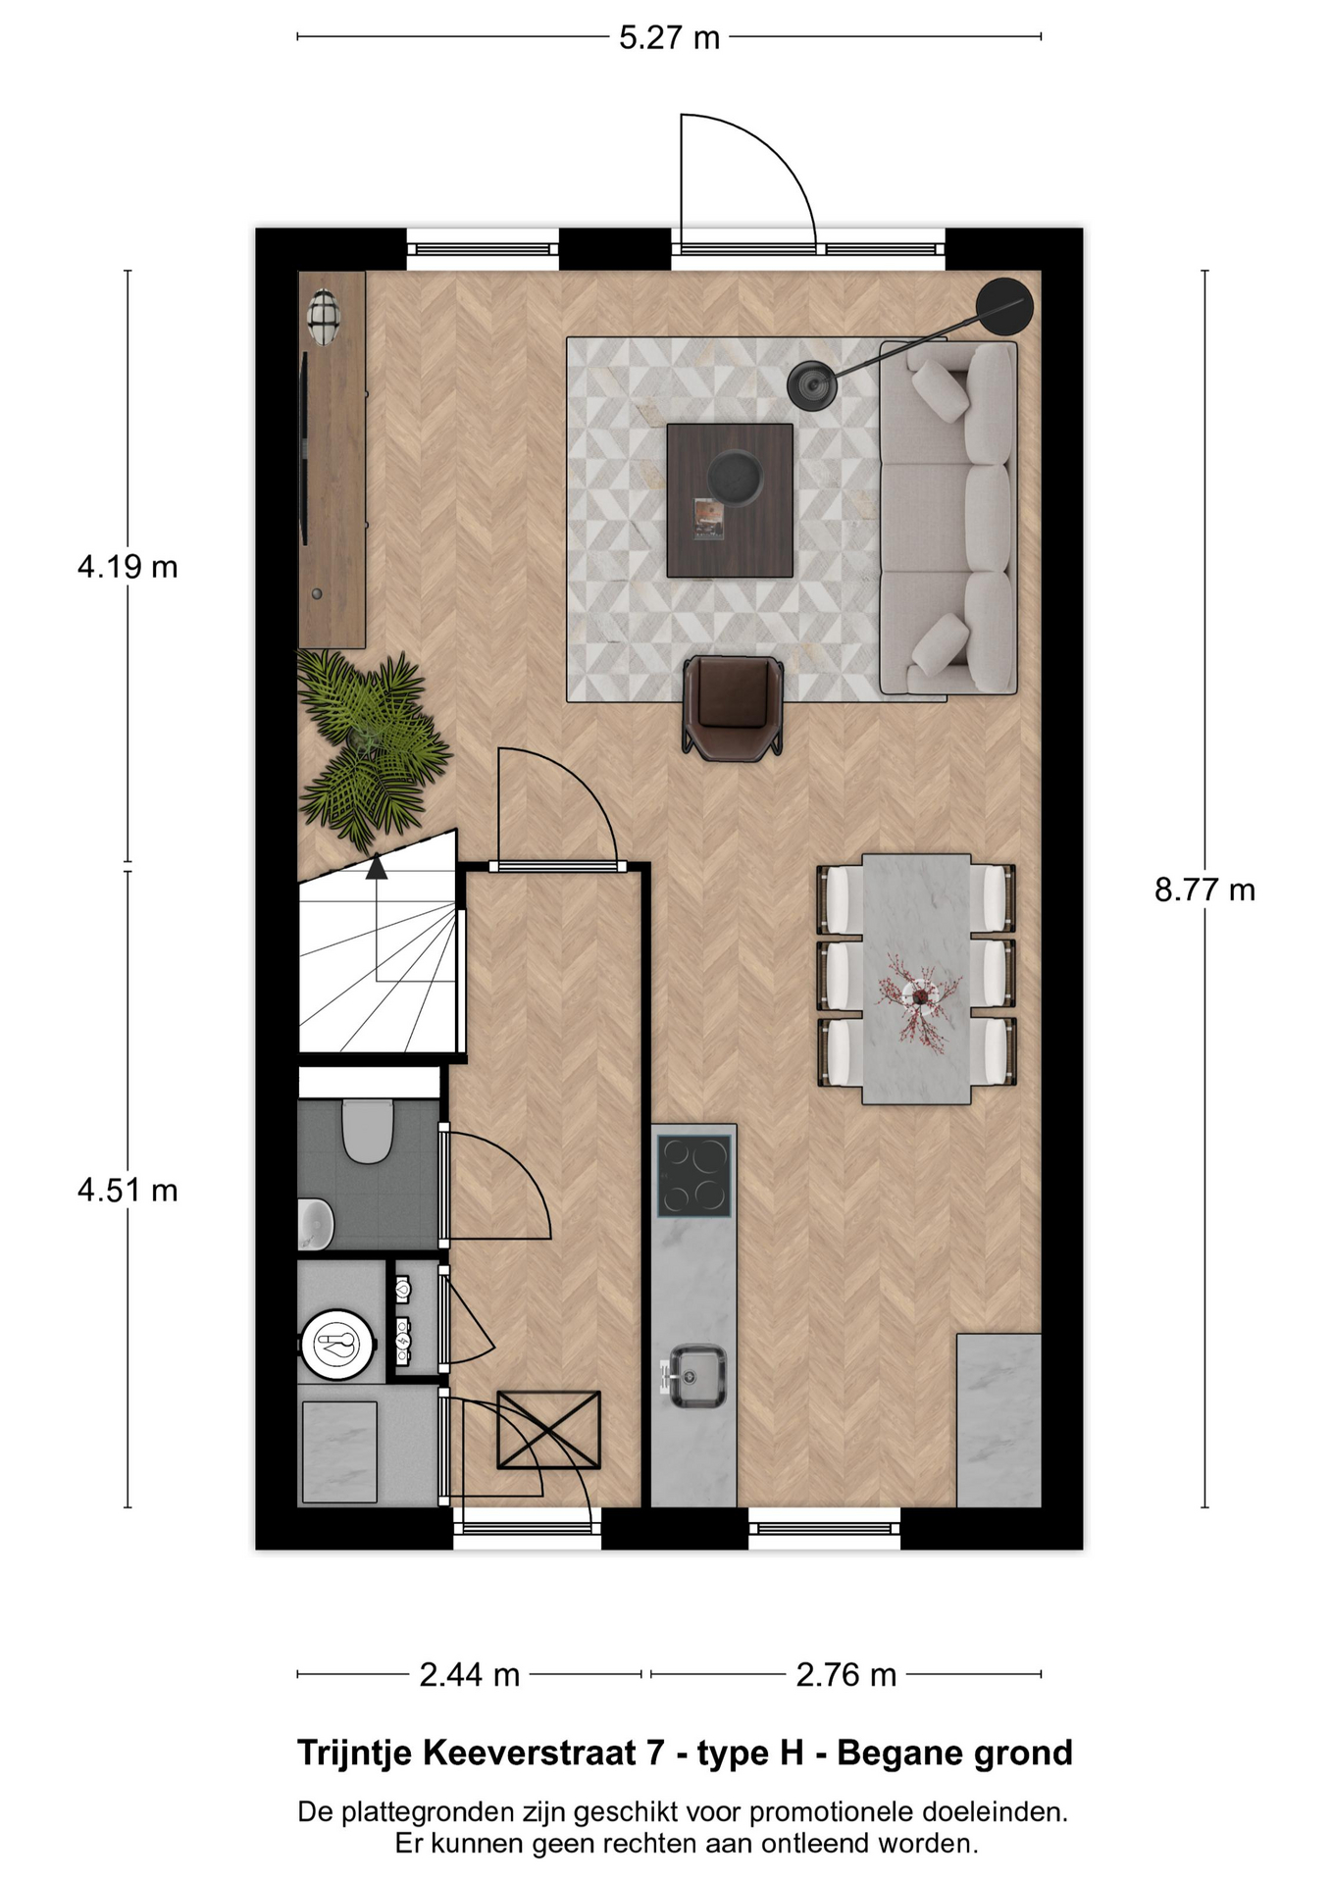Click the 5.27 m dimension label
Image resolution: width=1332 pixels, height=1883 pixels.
(x=669, y=38)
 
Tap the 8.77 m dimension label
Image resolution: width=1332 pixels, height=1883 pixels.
(x=1204, y=890)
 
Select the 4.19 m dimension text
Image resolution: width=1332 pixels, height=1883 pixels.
(x=128, y=567)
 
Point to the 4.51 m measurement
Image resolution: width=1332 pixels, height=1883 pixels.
(x=128, y=1191)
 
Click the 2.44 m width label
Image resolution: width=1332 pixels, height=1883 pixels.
(x=469, y=1674)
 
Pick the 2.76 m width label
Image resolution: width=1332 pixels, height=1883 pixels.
(x=845, y=1674)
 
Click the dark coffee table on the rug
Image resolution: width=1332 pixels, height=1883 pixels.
(x=730, y=500)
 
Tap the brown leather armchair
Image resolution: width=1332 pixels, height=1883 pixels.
(x=733, y=706)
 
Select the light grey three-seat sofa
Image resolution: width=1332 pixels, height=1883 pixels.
(x=948, y=518)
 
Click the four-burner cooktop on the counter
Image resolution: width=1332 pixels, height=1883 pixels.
(x=694, y=1175)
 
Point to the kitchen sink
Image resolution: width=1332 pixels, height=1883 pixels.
(x=697, y=1375)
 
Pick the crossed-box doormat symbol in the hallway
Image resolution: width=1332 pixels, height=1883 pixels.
(x=548, y=1430)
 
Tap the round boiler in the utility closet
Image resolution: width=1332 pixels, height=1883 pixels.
(x=338, y=1345)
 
